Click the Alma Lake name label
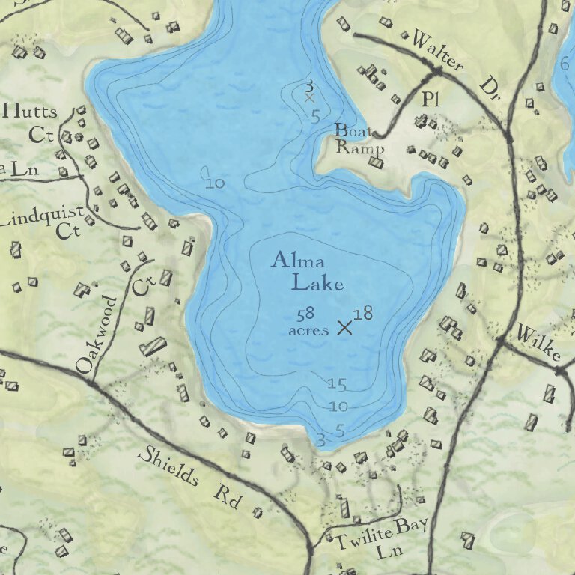(308, 272)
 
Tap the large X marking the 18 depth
(344, 327)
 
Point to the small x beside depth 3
(309, 97)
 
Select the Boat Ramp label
(359, 139)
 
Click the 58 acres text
(308, 322)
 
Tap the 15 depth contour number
(337, 385)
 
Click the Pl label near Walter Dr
(429, 98)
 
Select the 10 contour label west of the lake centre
(214, 182)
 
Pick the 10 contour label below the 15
(338, 407)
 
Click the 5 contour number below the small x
(316, 116)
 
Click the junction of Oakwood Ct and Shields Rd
(91, 382)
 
